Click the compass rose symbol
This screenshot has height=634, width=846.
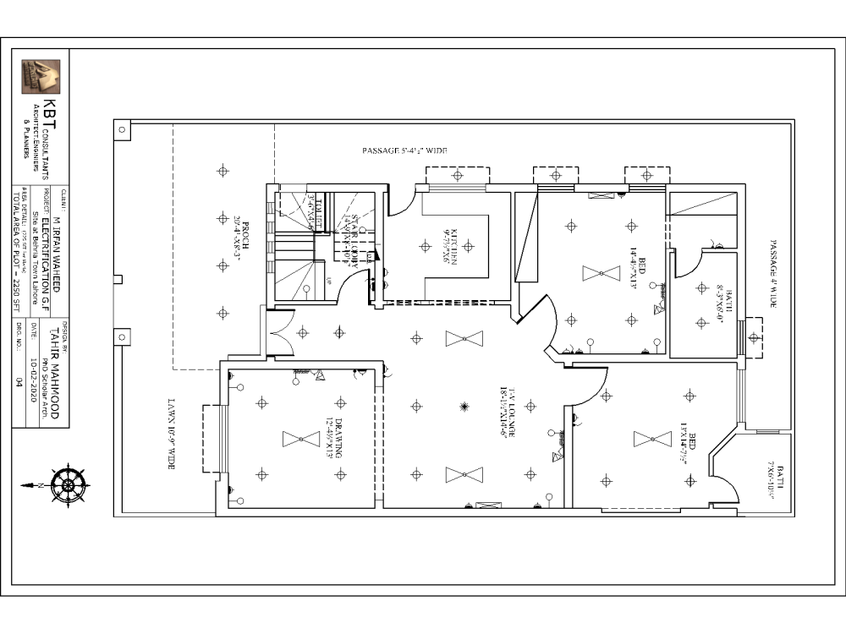click(x=68, y=484)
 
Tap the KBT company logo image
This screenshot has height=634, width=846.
click(x=41, y=77)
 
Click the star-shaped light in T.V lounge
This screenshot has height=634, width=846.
click(x=464, y=407)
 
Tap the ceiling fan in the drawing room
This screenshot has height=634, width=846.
click(x=301, y=439)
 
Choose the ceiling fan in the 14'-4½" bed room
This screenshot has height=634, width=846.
click(x=601, y=273)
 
